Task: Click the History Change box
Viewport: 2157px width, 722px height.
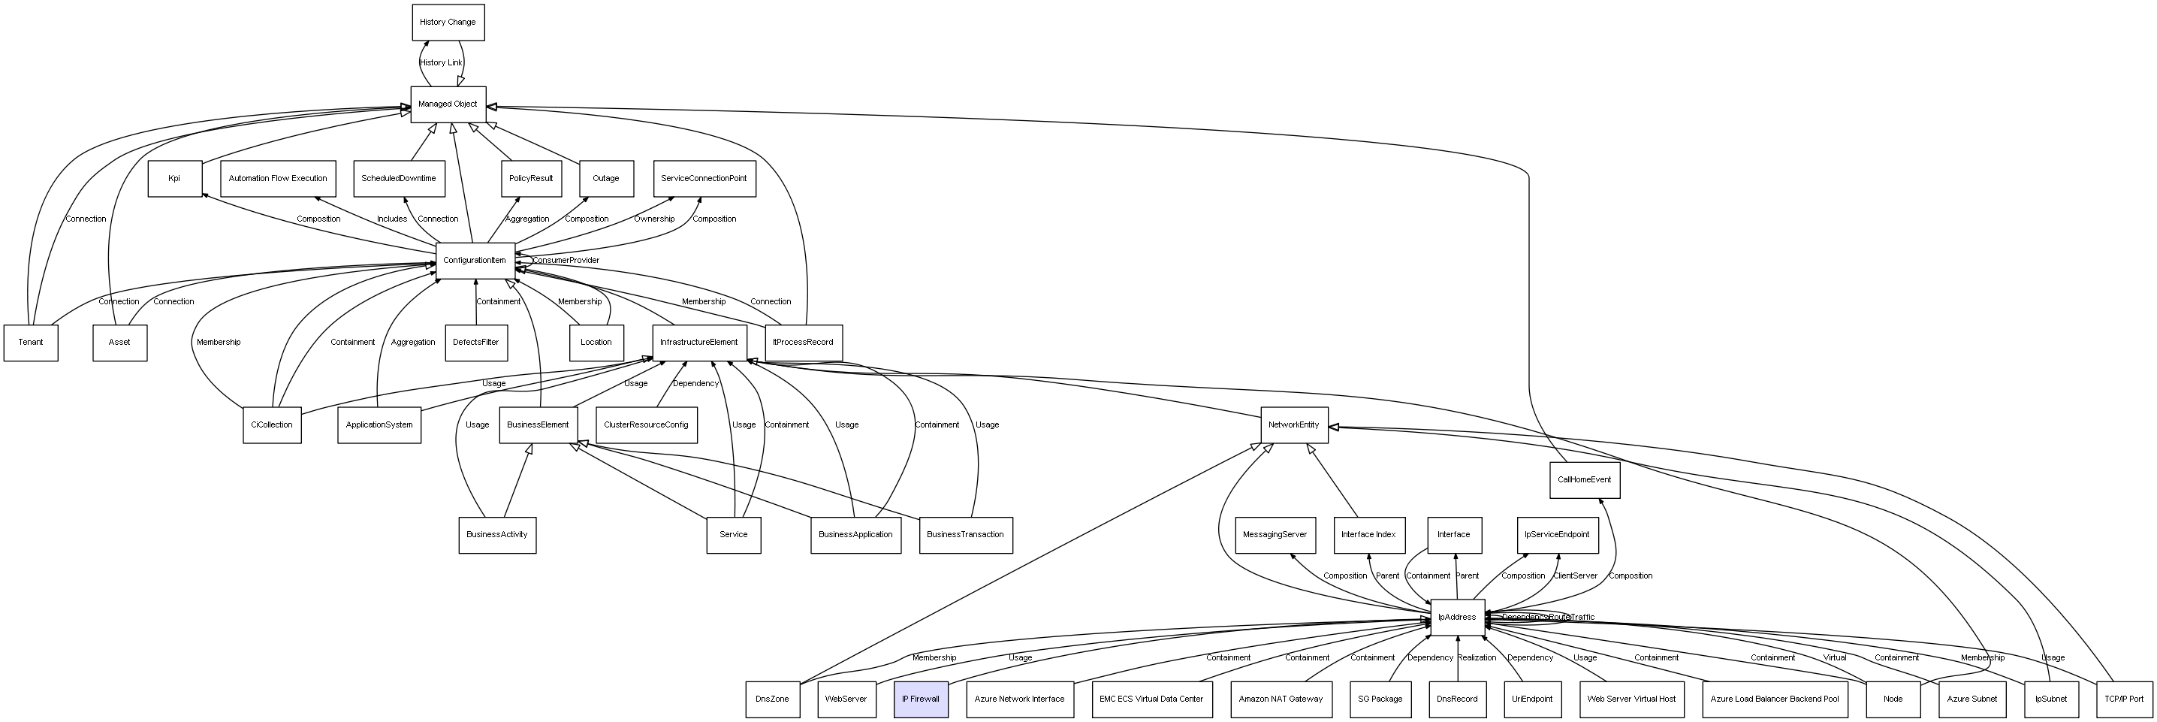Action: tap(448, 23)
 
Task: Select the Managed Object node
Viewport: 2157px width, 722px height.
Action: tap(448, 104)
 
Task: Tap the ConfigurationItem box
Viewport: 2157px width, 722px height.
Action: tap(475, 261)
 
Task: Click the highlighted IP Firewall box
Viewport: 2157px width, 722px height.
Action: tap(920, 699)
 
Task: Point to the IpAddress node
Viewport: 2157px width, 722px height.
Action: tap(1457, 618)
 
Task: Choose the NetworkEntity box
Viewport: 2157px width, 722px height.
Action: tap(1294, 424)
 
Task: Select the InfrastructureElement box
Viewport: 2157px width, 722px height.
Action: tap(699, 343)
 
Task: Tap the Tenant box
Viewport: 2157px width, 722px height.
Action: tap(31, 343)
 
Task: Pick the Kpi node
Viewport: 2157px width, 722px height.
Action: tap(175, 178)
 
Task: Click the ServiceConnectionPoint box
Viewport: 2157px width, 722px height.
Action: tap(704, 178)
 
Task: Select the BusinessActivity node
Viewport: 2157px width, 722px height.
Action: tap(496, 534)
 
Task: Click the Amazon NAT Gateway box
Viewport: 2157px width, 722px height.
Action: tap(1281, 699)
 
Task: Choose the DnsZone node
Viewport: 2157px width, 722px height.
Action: tap(772, 699)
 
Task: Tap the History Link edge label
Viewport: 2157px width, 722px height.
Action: tap(440, 63)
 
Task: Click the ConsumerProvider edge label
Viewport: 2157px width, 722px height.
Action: tap(566, 261)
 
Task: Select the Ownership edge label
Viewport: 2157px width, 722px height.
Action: tap(654, 219)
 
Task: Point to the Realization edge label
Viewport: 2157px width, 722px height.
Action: tap(1477, 657)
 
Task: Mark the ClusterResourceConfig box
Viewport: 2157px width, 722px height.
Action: tap(647, 424)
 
